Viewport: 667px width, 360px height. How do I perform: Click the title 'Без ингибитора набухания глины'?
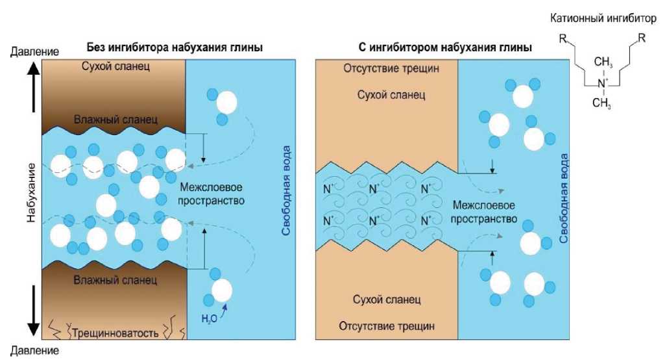click(175, 48)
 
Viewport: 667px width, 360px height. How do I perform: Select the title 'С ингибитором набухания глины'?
click(444, 48)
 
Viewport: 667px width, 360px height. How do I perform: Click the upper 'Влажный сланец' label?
click(115, 119)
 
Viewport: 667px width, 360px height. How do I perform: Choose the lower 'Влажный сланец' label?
click(115, 281)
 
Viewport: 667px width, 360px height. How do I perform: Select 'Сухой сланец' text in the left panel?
click(115, 66)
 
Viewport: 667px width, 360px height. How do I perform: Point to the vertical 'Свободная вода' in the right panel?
click(563, 198)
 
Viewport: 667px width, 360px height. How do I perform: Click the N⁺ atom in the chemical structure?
click(601, 83)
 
